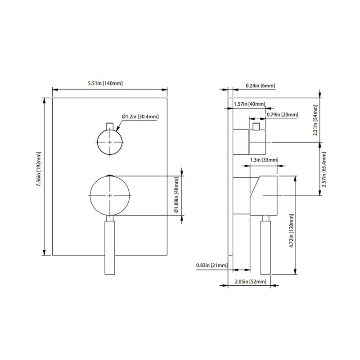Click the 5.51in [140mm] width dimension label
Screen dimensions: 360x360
[x=105, y=83]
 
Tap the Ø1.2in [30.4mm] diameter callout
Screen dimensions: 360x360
[x=140, y=117]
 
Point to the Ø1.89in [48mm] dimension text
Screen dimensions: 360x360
[x=177, y=195]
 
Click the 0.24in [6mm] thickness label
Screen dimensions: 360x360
[x=260, y=85]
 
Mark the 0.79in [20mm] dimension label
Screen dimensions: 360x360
[x=282, y=115]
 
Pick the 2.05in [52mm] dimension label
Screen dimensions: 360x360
[x=250, y=282]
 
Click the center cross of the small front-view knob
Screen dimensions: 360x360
[x=109, y=142]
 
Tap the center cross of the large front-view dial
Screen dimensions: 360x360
[x=110, y=195]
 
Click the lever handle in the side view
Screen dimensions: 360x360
[x=266, y=245]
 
